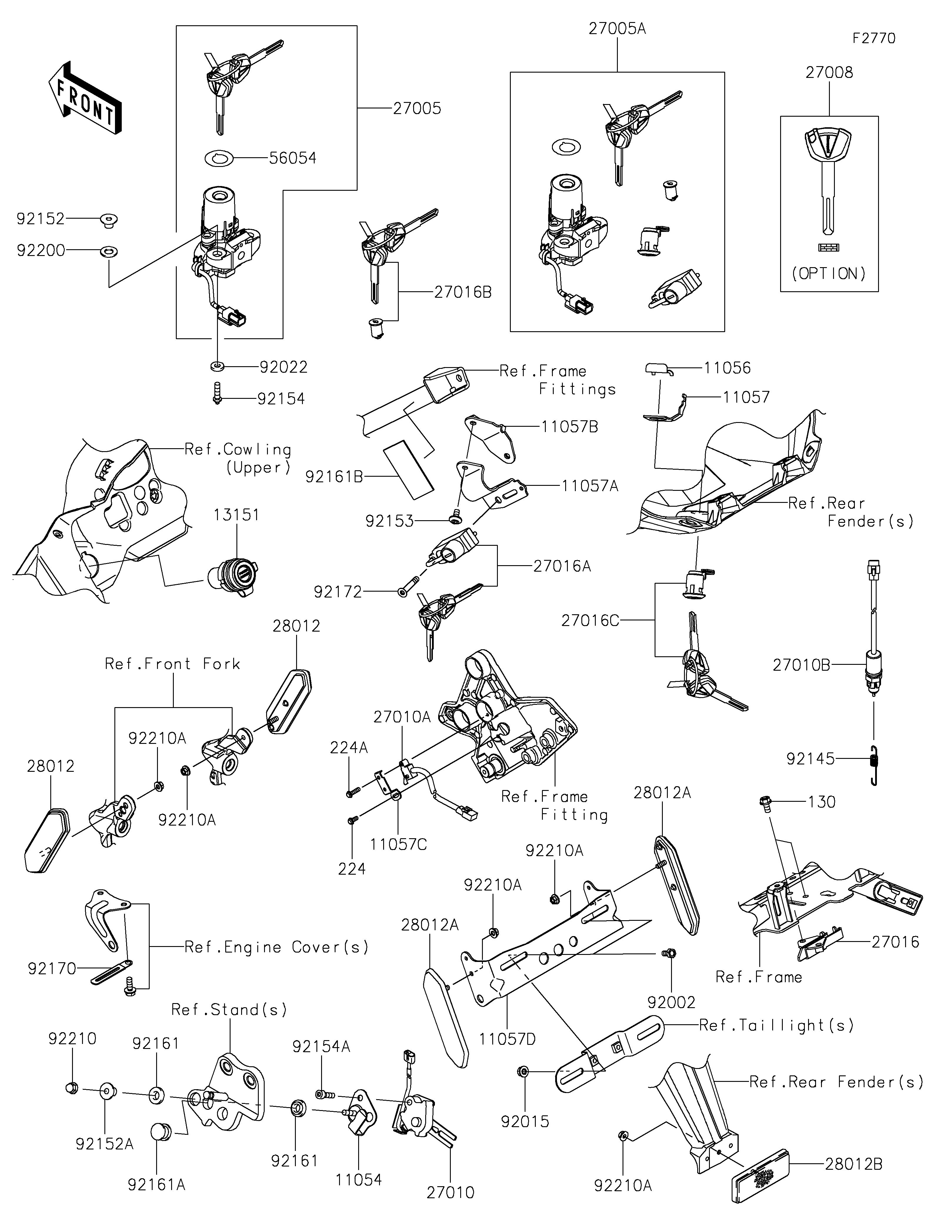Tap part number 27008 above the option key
pos(829,72)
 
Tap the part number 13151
pos(236,515)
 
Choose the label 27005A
pos(617,29)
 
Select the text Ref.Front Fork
pos(173,664)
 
